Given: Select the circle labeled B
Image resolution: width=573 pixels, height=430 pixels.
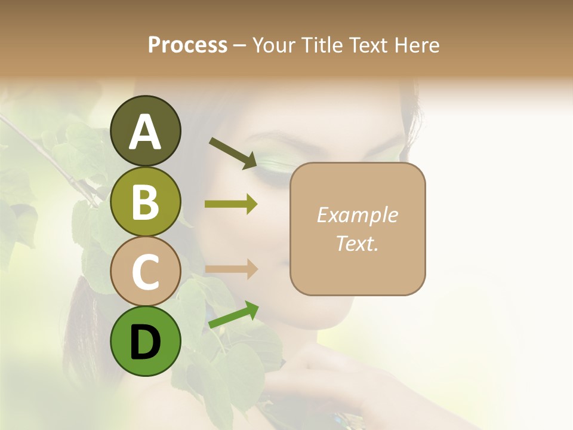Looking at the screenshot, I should (146, 201).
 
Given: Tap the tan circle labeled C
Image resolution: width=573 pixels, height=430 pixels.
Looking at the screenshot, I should (146, 271).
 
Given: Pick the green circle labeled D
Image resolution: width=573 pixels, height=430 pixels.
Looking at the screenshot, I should (146, 341).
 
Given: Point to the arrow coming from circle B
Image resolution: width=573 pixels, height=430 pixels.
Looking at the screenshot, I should (231, 204).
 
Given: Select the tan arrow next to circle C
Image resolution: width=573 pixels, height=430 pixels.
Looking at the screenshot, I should (231, 269).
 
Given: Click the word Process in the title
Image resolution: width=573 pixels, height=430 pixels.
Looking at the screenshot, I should (188, 45).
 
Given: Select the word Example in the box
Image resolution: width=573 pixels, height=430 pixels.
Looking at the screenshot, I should (357, 215).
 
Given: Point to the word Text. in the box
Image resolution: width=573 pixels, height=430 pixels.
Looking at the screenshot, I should (357, 244).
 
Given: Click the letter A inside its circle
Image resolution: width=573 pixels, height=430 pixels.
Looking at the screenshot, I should (146, 132).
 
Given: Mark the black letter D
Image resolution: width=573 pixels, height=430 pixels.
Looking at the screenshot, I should (146, 342).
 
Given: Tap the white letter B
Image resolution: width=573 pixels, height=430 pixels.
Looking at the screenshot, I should (146, 201).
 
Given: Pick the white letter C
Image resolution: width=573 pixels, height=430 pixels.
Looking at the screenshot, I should (146, 272).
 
